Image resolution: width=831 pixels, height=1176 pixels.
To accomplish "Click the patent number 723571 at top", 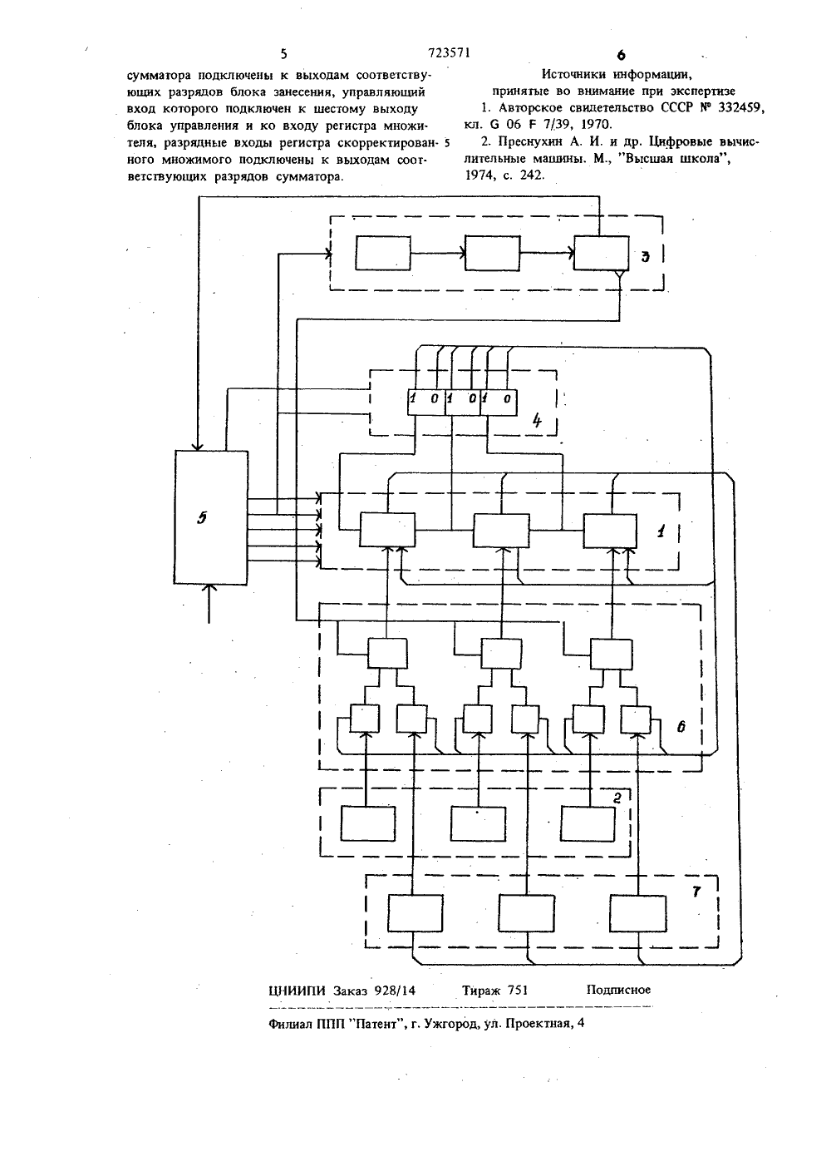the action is click(449, 53).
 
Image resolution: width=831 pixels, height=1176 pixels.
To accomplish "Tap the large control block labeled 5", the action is click(210, 517).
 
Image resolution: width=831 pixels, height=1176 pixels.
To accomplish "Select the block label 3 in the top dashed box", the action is click(646, 256).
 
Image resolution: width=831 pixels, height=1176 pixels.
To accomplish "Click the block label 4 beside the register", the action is click(536, 421).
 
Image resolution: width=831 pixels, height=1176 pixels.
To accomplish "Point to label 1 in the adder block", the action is click(661, 531).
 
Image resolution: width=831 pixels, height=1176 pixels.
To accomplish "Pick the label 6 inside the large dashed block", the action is click(681, 727).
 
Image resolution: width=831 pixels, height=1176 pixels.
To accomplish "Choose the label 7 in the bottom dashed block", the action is click(696, 891).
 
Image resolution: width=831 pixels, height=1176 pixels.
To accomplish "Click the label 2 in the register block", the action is click(617, 798).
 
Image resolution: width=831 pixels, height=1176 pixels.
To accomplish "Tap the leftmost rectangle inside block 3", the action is click(383, 253).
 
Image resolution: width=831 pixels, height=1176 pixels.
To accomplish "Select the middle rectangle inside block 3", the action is click(493, 253).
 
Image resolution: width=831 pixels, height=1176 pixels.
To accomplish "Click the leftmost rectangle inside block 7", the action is click(415, 913).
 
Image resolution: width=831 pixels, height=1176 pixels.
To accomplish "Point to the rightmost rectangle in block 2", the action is click(588, 823).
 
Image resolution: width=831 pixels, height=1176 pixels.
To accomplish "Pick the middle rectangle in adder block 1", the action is click(501, 531).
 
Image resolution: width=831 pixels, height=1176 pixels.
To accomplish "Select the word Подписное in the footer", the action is click(618, 990).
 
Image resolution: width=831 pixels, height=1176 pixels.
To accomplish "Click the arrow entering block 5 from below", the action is click(209, 604).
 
